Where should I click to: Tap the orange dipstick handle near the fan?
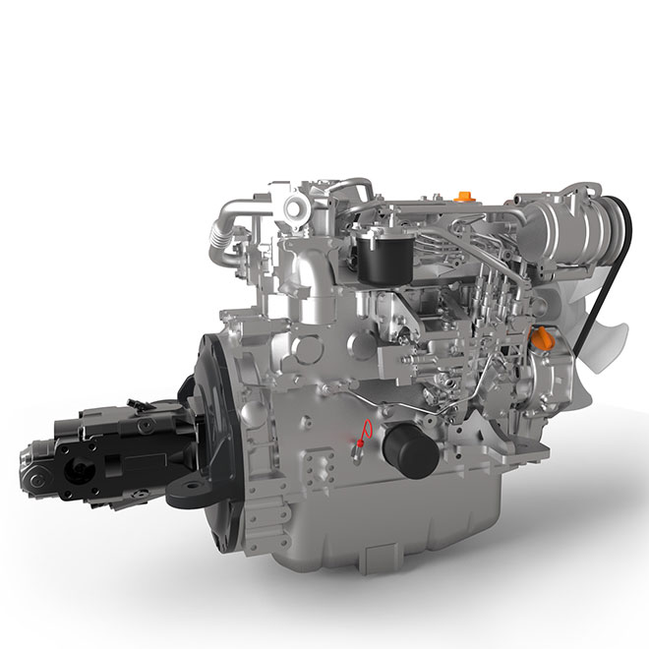(538, 339)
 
